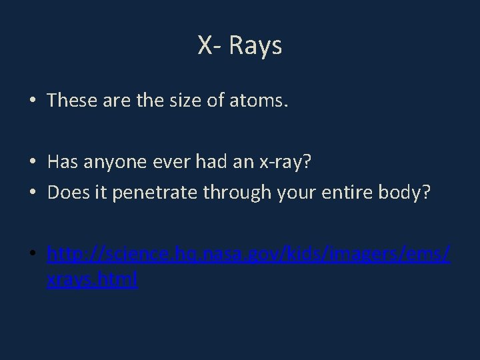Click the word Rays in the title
pyautogui.click(x=256, y=46)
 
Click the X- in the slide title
pyautogui.click(x=211, y=46)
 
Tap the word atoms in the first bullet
pyautogui.click(x=259, y=101)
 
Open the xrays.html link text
pyautogui.click(x=92, y=280)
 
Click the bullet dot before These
pyautogui.click(x=33, y=101)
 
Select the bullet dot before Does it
pyautogui.click(x=33, y=193)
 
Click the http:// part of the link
pyautogui.click(x=75, y=256)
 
